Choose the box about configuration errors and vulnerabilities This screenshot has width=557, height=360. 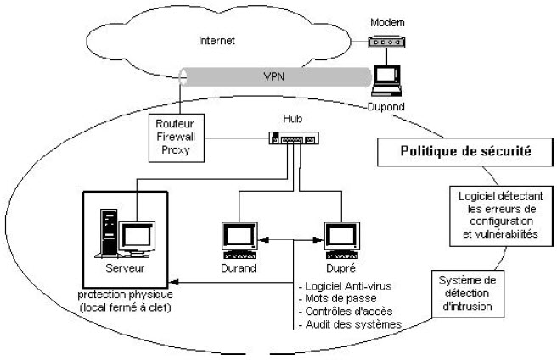coord(490,216)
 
